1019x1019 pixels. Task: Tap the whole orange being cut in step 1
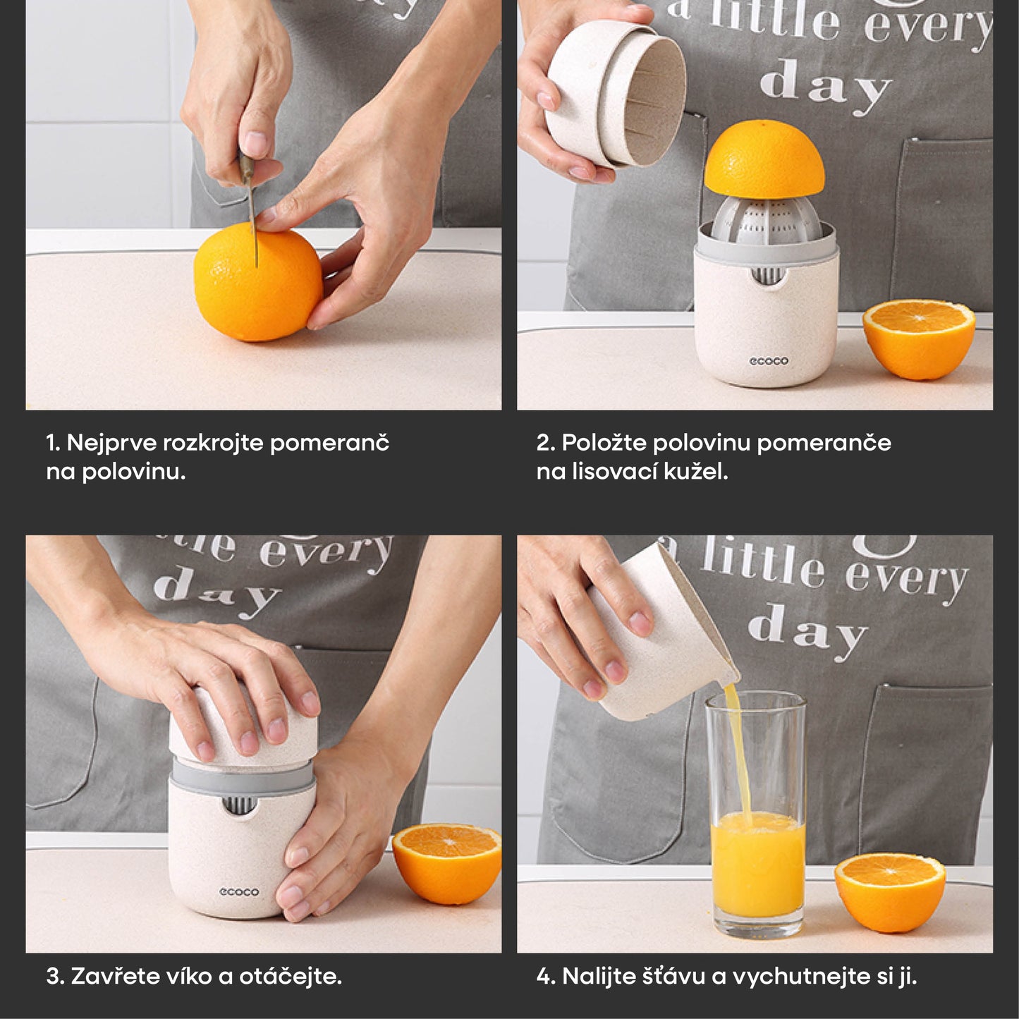coord(258,282)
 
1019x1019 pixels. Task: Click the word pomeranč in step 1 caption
coord(329,443)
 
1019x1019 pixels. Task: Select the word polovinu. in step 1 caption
coord(134,471)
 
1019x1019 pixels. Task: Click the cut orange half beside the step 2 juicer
coord(919,337)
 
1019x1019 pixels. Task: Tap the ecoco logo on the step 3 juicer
coord(240,892)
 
